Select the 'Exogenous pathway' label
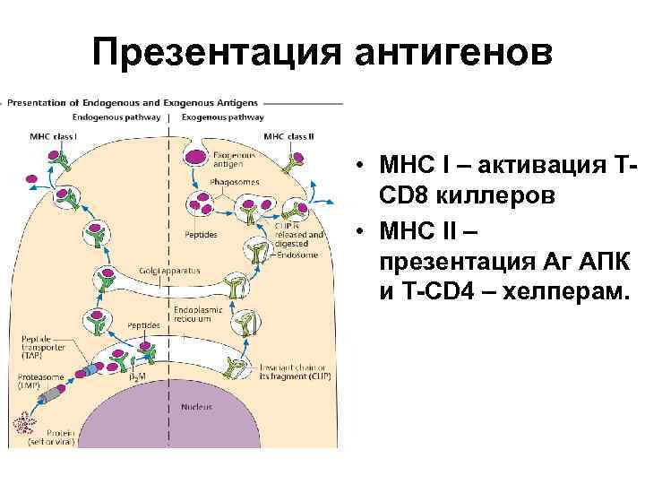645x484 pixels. [x=223, y=117]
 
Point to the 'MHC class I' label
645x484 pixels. [x=54, y=136]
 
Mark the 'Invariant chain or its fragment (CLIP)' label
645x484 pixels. [x=292, y=371]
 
